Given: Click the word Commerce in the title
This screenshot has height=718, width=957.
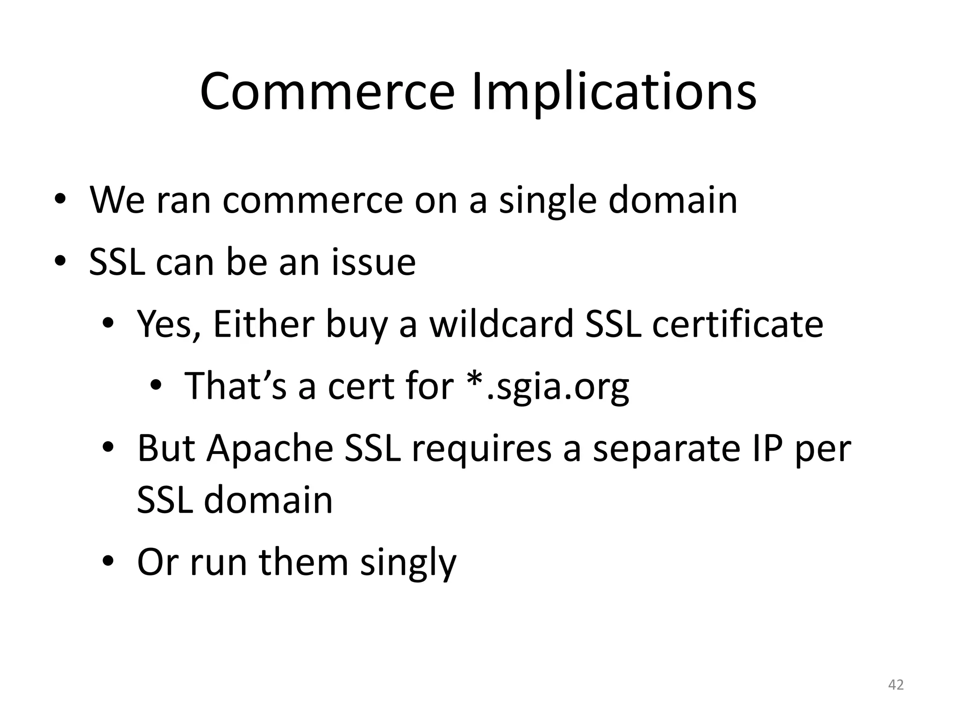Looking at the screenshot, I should pyautogui.click(x=327, y=92).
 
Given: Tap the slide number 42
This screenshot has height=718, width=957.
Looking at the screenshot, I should pyautogui.click(x=895, y=685).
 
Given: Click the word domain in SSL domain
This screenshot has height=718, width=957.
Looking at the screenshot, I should pyautogui.click(x=268, y=500).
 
